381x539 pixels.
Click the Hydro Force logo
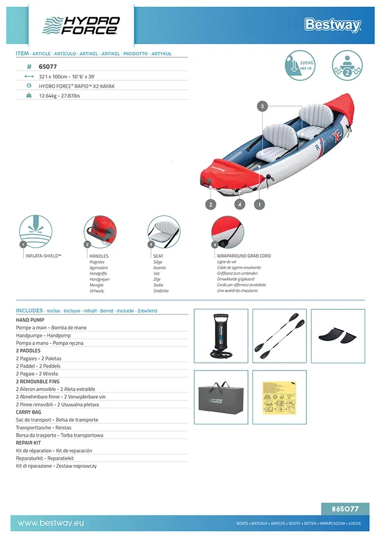(81, 25)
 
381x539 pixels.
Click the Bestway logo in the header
(332, 25)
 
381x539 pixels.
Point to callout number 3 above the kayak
(263, 106)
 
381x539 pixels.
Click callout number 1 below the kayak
(259, 204)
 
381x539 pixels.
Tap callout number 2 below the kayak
(211, 204)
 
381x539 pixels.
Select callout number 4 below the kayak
(240, 204)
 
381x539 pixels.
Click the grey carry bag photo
(221, 397)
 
